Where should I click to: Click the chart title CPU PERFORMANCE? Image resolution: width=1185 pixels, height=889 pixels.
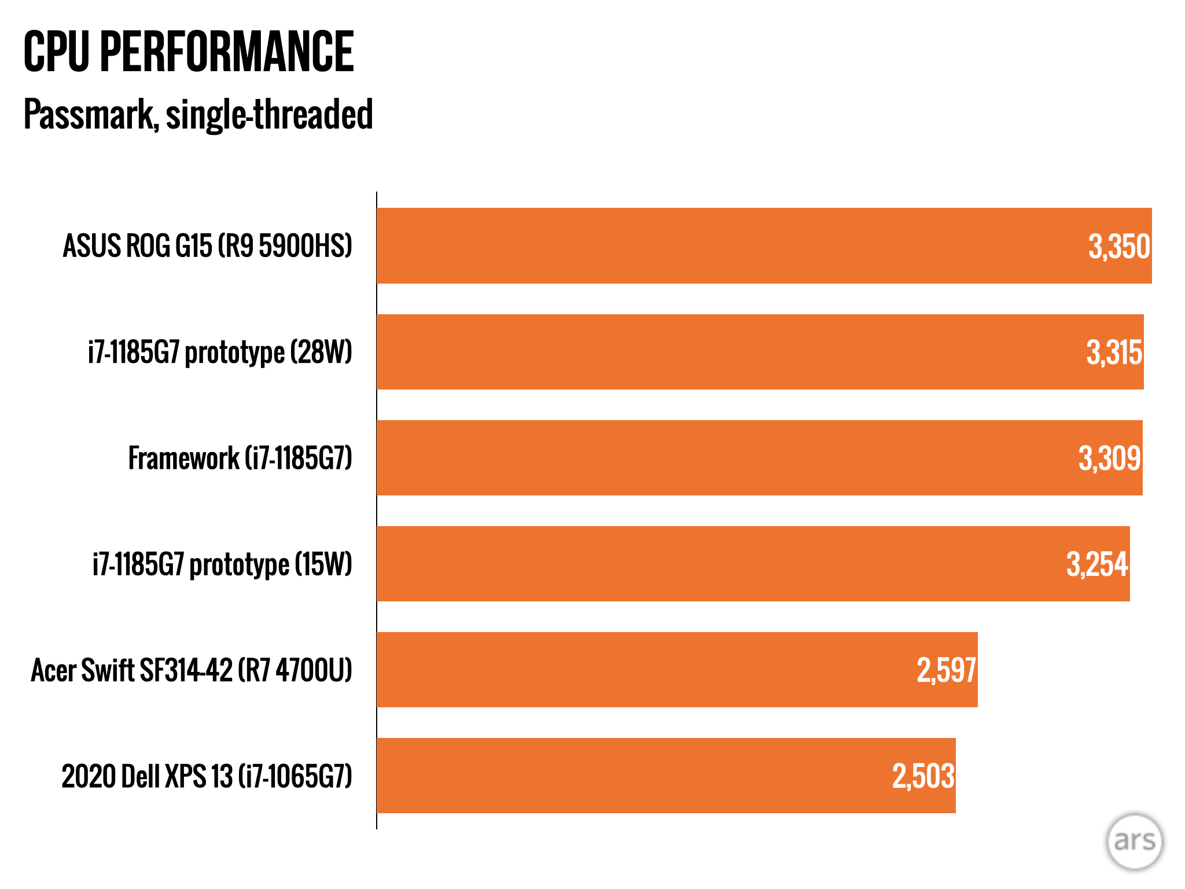tap(189, 52)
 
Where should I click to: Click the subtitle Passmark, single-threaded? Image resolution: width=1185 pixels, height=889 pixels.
tap(198, 114)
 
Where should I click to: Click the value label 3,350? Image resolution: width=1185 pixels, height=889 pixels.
tap(1119, 247)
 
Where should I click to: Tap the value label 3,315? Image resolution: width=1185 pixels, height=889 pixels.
tap(1114, 352)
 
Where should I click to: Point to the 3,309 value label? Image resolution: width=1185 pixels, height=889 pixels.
tap(1109, 458)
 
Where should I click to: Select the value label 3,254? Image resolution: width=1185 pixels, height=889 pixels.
tap(1097, 564)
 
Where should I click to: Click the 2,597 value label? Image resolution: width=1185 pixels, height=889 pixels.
tap(946, 670)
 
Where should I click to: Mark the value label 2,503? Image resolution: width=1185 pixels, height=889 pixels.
tap(923, 776)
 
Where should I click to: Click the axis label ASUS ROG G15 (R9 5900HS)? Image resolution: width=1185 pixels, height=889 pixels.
tap(207, 245)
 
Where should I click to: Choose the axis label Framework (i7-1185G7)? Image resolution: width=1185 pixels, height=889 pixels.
tap(240, 458)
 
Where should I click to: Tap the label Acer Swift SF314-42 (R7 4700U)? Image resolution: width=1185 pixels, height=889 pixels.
tap(192, 670)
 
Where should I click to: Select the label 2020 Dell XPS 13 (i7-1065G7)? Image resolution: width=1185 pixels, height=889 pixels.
tap(207, 776)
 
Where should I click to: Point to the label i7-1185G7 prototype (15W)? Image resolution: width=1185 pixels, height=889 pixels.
tap(222, 564)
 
